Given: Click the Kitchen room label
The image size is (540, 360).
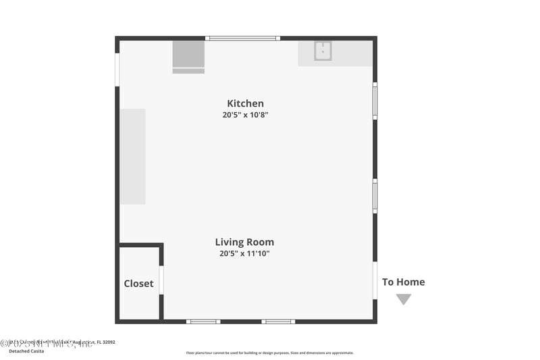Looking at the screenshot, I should [x=245, y=103].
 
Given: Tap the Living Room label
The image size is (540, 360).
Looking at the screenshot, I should [x=244, y=242].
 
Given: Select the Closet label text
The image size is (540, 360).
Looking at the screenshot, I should [x=138, y=284].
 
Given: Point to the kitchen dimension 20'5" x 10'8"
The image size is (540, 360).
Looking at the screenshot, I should [x=245, y=115].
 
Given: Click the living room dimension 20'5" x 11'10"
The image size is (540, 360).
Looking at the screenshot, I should [x=244, y=254].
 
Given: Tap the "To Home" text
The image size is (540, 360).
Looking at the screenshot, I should [x=404, y=282].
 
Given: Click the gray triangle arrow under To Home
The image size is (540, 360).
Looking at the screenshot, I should [x=404, y=299].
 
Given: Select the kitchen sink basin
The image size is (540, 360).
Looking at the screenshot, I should [x=323, y=51].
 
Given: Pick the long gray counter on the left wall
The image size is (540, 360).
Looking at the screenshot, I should [x=133, y=156].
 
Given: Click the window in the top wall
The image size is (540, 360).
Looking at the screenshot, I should [x=242, y=38].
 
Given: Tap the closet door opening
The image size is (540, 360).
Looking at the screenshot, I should [x=161, y=280].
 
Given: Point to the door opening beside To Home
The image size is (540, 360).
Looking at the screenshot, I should [x=375, y=280].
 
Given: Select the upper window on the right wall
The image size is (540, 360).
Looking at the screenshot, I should [x=375, y=101].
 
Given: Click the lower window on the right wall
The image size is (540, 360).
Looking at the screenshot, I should [x=375, y=196].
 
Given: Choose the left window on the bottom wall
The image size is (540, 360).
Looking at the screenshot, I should [x=203, y=321].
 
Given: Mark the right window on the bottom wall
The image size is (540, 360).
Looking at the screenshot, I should [x=278, y=321].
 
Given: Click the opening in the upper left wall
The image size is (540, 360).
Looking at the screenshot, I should [x=117, y=70].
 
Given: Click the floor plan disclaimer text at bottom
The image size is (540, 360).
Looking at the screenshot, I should [x=269, y=353].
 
